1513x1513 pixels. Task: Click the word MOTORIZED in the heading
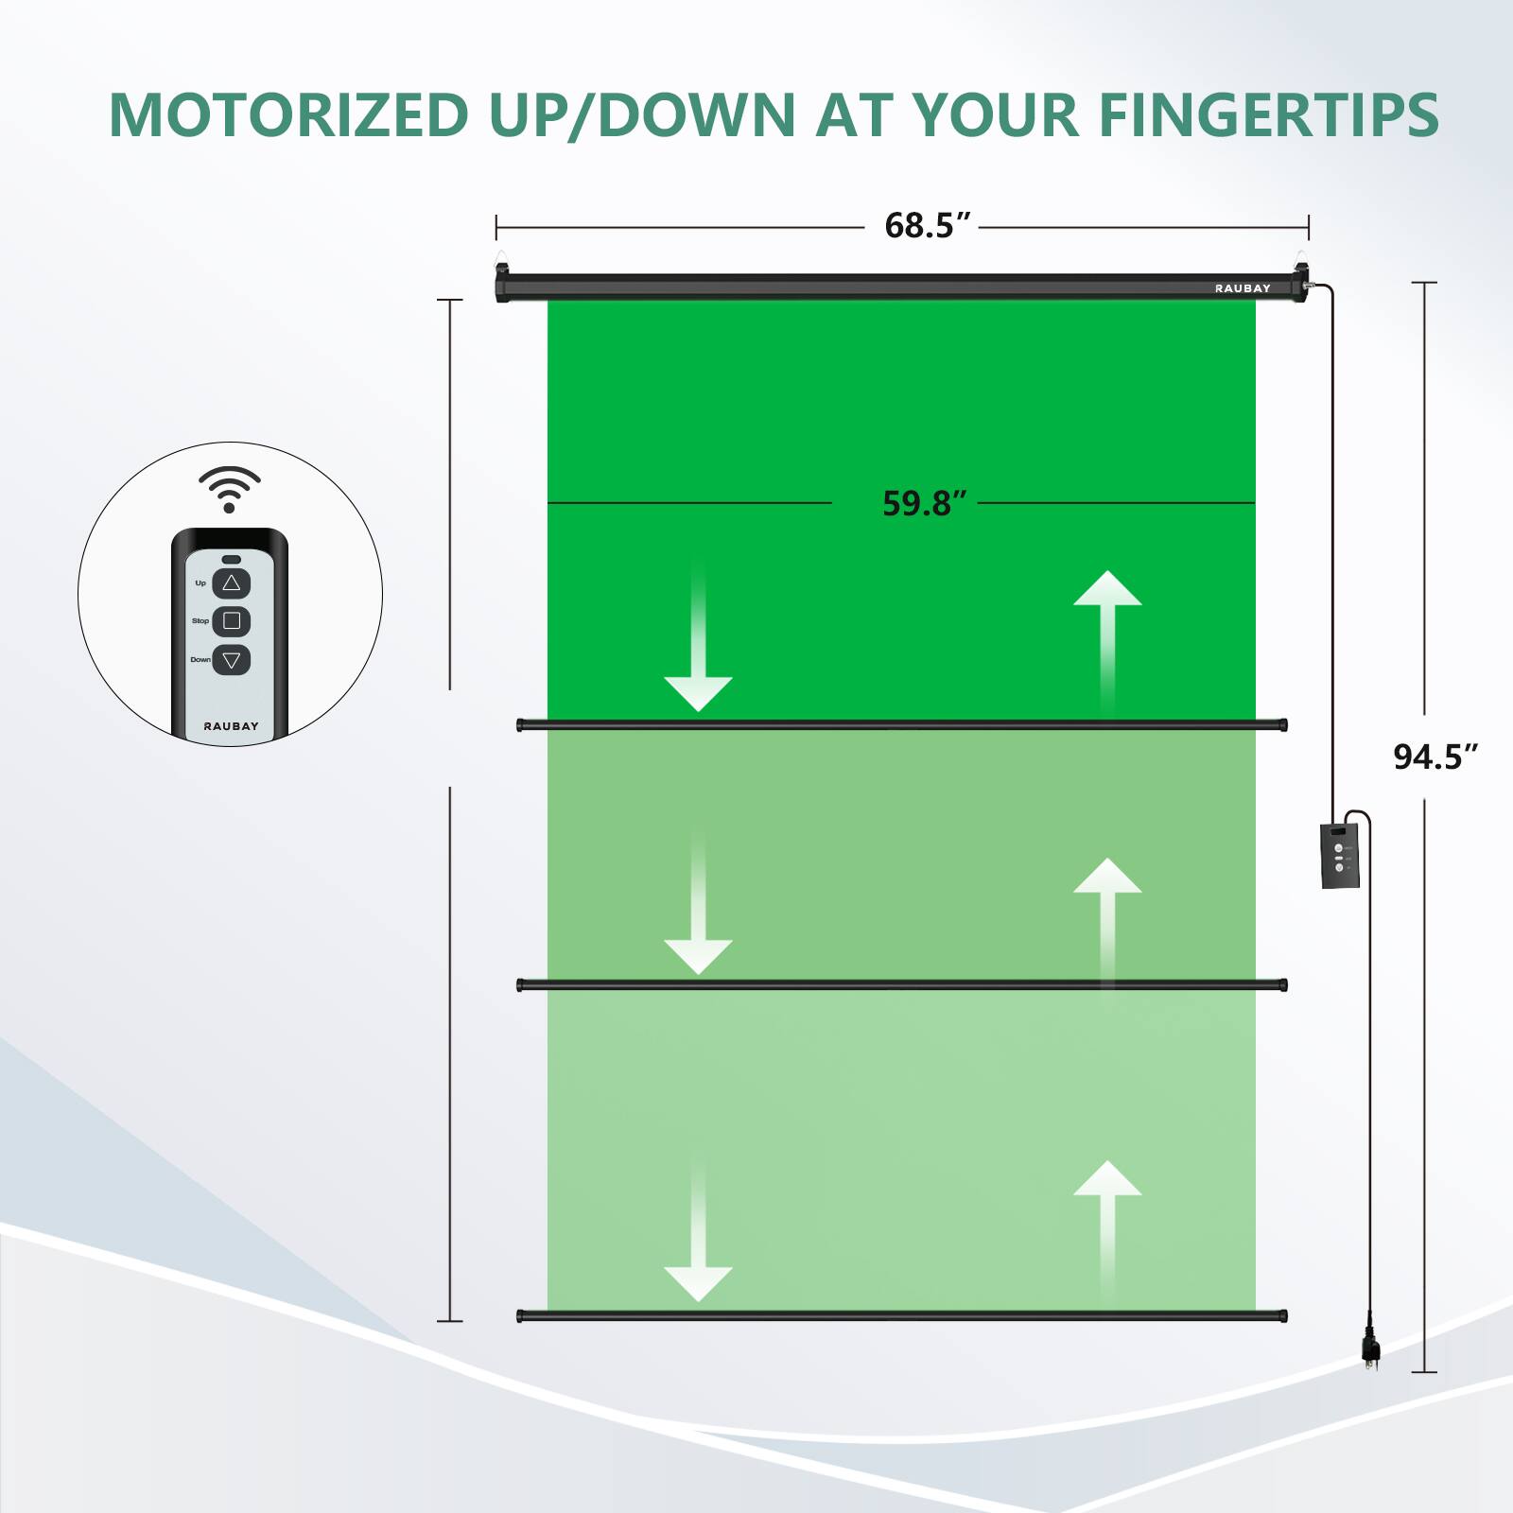point(288,115)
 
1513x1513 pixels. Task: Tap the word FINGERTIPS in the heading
point(1268,115)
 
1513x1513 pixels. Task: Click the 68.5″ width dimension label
point(927,226)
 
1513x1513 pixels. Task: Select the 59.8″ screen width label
point(924,503)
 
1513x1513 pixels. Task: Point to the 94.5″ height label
point(1435,756)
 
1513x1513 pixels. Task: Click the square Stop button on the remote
point(232,621)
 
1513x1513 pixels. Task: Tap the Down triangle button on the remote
point(232,660)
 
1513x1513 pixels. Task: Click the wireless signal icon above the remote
point(229,488)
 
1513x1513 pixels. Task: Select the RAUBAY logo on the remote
point(231,726)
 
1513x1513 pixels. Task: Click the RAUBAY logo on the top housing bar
point(1243,288)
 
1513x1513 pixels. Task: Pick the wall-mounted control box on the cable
point(1340,856)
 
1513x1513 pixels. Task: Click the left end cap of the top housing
point(502,284)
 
